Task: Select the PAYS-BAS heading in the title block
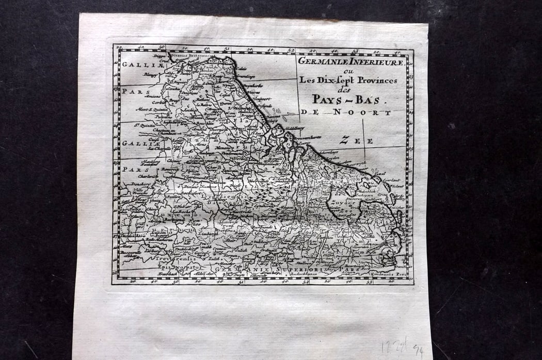coord(348,99)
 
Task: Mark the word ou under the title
coord(352,71)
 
